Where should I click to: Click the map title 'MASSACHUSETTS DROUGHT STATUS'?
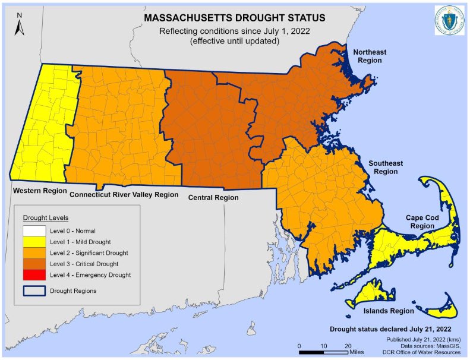tap(235, 18)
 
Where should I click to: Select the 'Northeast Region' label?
tap(369, 56)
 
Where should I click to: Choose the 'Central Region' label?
tap(213, 198)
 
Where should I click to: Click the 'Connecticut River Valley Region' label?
tap(124, 194)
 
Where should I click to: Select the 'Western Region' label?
tap(36, 191)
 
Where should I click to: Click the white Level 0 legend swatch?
tap(35, 230)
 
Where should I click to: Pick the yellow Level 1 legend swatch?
tap(35, 241)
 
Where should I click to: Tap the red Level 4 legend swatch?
tap(35, 274)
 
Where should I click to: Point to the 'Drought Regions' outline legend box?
tap(35, 290)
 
